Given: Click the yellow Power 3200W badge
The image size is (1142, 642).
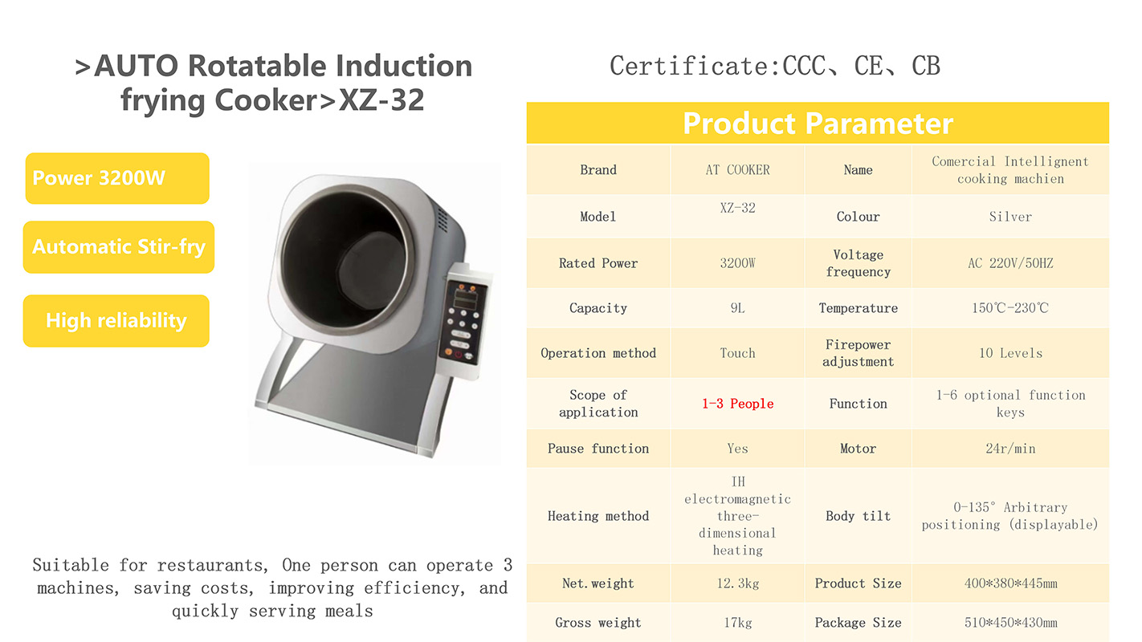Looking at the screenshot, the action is coord(117,178).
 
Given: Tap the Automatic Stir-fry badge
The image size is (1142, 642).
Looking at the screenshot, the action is coord(119,247).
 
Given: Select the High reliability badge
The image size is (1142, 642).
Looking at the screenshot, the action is coord(116,321).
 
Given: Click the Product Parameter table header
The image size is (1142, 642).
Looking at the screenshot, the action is coord(818,123).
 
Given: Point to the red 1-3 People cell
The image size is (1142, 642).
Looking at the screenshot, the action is coord(738,404).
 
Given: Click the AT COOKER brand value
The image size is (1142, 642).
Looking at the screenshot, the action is coord(738,169).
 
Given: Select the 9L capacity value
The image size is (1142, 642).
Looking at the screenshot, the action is coord(738,307).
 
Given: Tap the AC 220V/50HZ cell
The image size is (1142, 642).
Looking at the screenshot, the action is coord(1010,263).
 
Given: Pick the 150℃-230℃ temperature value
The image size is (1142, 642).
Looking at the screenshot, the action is coord(1010,307).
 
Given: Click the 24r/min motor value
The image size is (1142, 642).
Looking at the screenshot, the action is coord(1010,449).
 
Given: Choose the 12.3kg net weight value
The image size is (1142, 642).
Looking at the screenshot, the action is coord(738,583).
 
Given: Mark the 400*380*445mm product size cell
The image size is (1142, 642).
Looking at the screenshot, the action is coord(1010,583).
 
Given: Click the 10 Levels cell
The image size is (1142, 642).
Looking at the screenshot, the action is coord(1010,353).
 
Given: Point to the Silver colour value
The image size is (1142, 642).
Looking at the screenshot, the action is coord(1010,217).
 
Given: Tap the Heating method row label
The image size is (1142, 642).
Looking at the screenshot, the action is coord(598,516).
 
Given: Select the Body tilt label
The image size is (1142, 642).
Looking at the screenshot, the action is coord(858,516).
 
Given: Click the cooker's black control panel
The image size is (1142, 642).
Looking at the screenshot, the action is coord(463,321).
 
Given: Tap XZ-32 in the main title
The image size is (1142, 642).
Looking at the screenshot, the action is coord(381,100).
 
